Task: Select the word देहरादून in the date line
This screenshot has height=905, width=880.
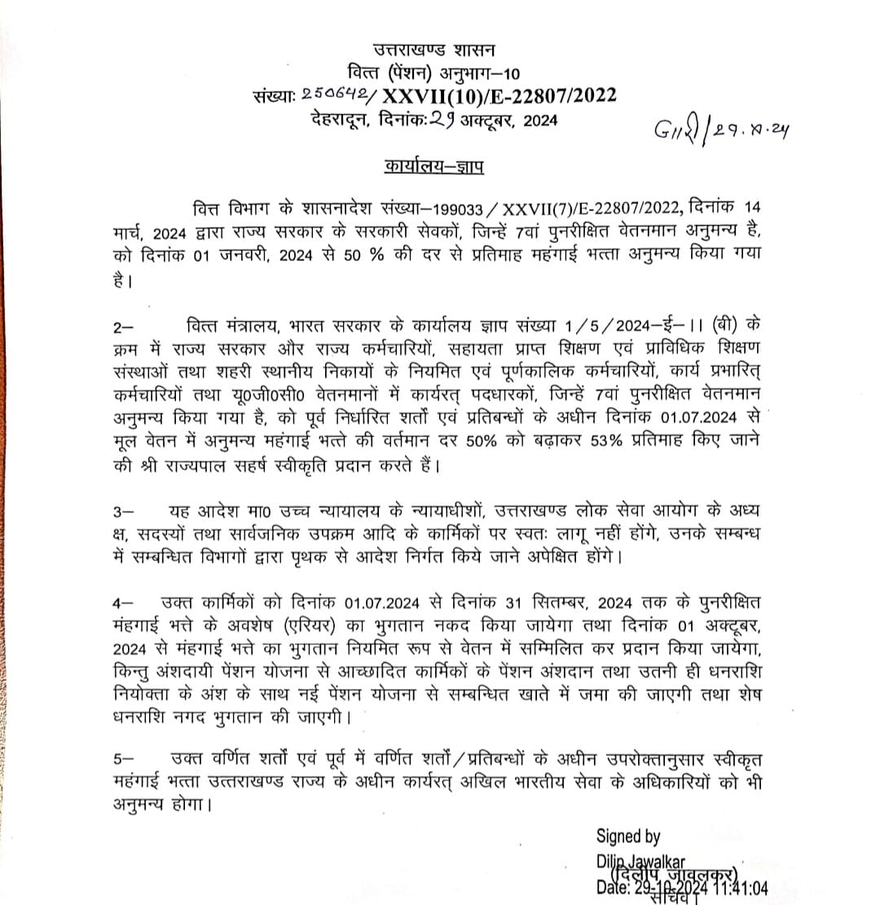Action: pos(341,121)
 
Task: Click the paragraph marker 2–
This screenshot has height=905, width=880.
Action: pos(124,327)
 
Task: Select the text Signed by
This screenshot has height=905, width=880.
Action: pos(628,836)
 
